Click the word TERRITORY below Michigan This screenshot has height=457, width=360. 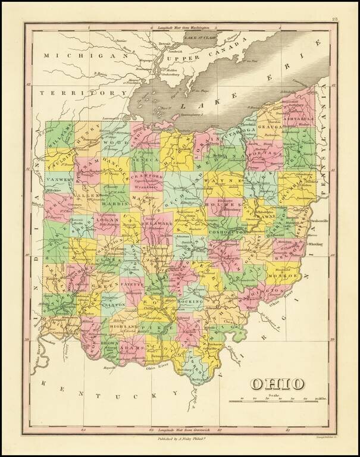pos(74,93)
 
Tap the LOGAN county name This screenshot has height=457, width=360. pos(101,218)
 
